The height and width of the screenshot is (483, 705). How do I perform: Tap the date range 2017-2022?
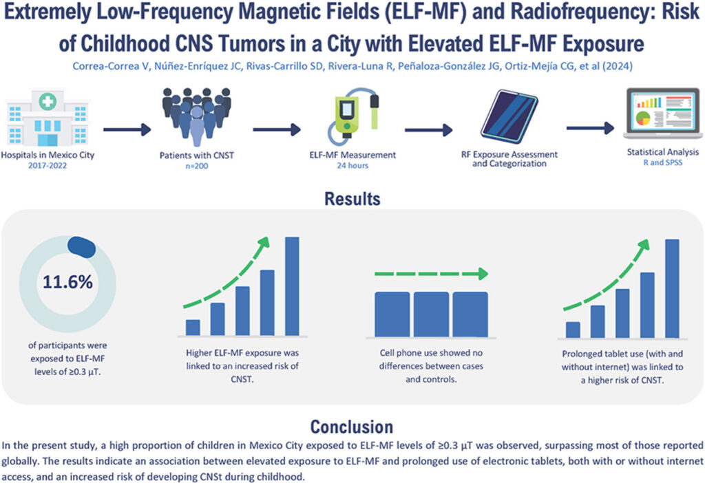click(x=49, y=165)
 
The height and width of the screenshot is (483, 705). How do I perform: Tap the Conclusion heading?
click(x=351, y=425)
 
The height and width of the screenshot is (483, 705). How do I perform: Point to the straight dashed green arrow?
click(x=430, y=274)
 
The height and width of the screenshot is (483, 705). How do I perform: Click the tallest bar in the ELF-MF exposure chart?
click(x=292, y=286)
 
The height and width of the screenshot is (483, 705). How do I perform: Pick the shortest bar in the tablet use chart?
click(x=573, y=330)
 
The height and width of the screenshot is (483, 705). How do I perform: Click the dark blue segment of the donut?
click(x=81, y=245)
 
